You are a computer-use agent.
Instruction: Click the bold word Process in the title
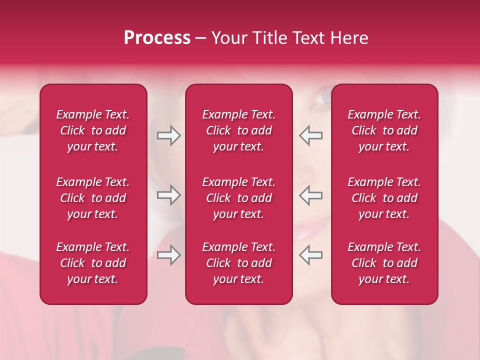point(157,38)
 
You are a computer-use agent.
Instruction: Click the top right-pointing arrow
point(168,135)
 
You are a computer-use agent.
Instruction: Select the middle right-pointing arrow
point(168,195)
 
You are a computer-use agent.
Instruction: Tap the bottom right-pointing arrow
point(168,255)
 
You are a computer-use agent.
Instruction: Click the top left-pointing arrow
point(310,135)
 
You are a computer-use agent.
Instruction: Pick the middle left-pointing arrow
point(310,195)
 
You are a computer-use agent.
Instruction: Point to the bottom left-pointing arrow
point(310,255)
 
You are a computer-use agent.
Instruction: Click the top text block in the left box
point(93,130)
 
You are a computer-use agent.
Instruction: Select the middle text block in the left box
point(93,198)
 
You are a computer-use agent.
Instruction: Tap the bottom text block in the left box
point(93,263)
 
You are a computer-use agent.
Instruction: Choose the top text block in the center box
point(238,130)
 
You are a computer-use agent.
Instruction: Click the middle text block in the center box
point(238,198)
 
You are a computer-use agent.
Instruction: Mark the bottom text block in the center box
point(238,263)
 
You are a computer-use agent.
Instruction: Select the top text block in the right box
point(384,130)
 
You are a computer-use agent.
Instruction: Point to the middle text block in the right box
point(384,198)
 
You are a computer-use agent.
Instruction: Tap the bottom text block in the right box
point(384,263)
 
